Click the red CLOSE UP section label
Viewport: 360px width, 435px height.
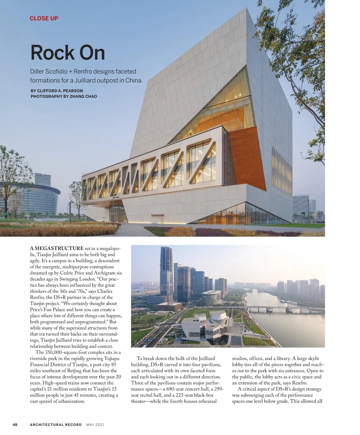[x=44, y=18]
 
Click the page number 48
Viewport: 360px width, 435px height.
[x=15, y=424]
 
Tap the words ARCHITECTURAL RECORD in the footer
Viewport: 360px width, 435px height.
[x=56, y=424]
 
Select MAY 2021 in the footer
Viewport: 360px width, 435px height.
[x=95, y=424]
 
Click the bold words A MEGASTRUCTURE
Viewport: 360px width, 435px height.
[x=57, y=248]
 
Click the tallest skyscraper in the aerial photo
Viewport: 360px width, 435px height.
[x=166, y=276]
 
